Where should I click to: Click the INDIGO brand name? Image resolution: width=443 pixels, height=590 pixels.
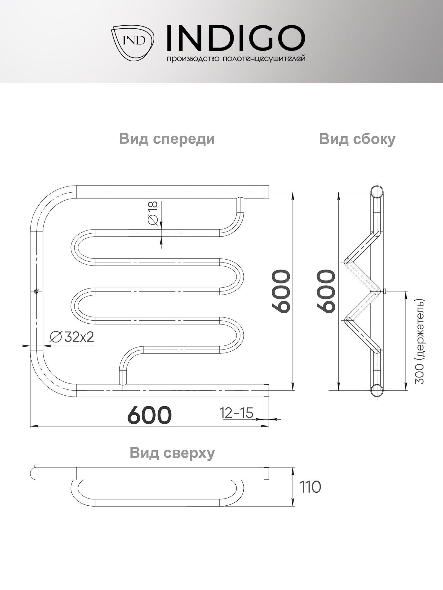click(x=235, y=38)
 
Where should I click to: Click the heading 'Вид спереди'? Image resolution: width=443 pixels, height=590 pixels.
click(x=167, y=139)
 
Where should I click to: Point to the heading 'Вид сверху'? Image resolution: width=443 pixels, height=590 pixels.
click(x=172, y=453)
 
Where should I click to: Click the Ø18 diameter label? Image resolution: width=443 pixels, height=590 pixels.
click(x=154, y=213)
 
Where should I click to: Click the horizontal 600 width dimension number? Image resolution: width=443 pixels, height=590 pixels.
click(x=149, y=415)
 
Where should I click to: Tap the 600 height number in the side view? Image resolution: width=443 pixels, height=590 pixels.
click(x=327, y=291)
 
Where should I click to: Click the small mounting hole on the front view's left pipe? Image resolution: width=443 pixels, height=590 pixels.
click(x=36, y=291)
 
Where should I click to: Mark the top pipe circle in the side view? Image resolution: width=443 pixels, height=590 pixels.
click(x=377, y=192)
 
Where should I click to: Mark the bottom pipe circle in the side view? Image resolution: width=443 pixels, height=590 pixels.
click(x=377, y=390)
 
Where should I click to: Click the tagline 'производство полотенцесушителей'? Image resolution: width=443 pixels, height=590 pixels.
click(x=236, y=59)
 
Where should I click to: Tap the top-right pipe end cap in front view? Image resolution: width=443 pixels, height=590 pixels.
click(x=266, y=192)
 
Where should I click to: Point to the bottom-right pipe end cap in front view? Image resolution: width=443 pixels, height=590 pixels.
click(x=266, y=390)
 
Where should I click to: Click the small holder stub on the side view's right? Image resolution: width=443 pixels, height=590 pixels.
click(x=384, y=291)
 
